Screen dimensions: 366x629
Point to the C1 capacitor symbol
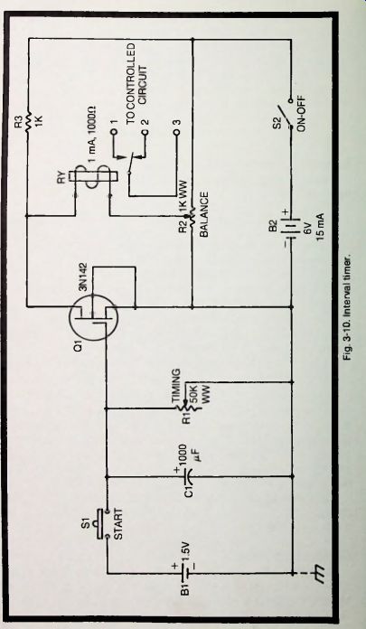(187, 476)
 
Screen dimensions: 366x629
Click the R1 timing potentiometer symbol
(187, 406)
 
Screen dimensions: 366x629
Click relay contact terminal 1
(114, 131)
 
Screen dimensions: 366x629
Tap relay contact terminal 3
(176, 132)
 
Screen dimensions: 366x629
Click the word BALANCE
(204, 214)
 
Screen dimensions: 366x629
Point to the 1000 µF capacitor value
(189, 454)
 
